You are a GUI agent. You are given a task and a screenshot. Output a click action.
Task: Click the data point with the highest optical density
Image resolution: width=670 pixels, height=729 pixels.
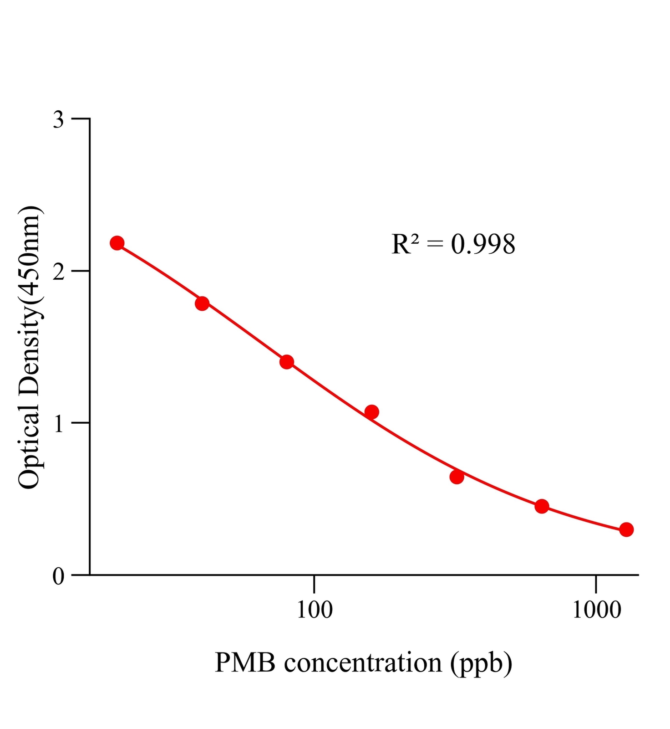pos(117,243)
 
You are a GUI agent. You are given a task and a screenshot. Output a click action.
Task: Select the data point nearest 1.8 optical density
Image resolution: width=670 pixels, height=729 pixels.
pos(202,303)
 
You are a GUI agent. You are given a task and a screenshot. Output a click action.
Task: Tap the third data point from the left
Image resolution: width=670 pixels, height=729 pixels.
pos(287,362)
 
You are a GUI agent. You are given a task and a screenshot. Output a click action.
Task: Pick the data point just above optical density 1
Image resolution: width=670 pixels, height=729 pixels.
pos(372,412)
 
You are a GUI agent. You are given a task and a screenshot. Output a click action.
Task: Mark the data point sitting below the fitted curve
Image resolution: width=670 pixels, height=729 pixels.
pos(457,477)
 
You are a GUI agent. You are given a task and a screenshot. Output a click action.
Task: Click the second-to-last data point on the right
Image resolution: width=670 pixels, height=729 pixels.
pos(542,506)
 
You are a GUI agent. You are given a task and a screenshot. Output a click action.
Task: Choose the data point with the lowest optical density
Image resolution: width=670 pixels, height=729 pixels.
pos(626,529)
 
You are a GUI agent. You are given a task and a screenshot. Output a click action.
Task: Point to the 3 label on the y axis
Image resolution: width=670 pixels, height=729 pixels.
pos(59,120)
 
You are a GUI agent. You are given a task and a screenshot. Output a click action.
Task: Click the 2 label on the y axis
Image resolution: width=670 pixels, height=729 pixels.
pos(59,272)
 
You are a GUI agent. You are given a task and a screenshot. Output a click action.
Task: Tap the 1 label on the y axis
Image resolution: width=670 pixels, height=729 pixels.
pos(59,424)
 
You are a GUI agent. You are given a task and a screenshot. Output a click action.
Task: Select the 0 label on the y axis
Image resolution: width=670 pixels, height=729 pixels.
pos(59,576)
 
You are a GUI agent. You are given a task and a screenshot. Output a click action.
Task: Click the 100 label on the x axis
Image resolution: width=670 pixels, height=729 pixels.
pos(315,610)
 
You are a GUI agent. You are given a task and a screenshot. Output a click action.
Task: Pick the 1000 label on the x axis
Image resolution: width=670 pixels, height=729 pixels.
pos(596,610)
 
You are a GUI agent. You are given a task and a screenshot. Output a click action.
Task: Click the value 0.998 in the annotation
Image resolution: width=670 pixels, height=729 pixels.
pos(483,244)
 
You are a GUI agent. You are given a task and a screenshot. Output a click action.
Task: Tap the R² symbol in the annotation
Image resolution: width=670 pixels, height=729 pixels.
pos(405,244)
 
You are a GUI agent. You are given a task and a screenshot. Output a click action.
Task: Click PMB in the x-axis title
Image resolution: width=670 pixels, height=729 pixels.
pos(245,663)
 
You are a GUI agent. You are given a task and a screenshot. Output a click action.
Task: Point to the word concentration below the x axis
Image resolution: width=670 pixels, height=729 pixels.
pos(363,663)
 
